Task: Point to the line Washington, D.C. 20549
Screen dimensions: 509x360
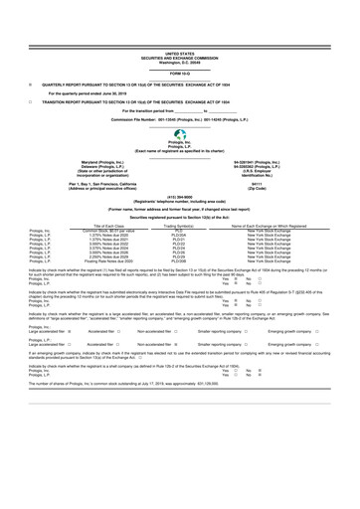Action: click(x=180, y=30)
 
